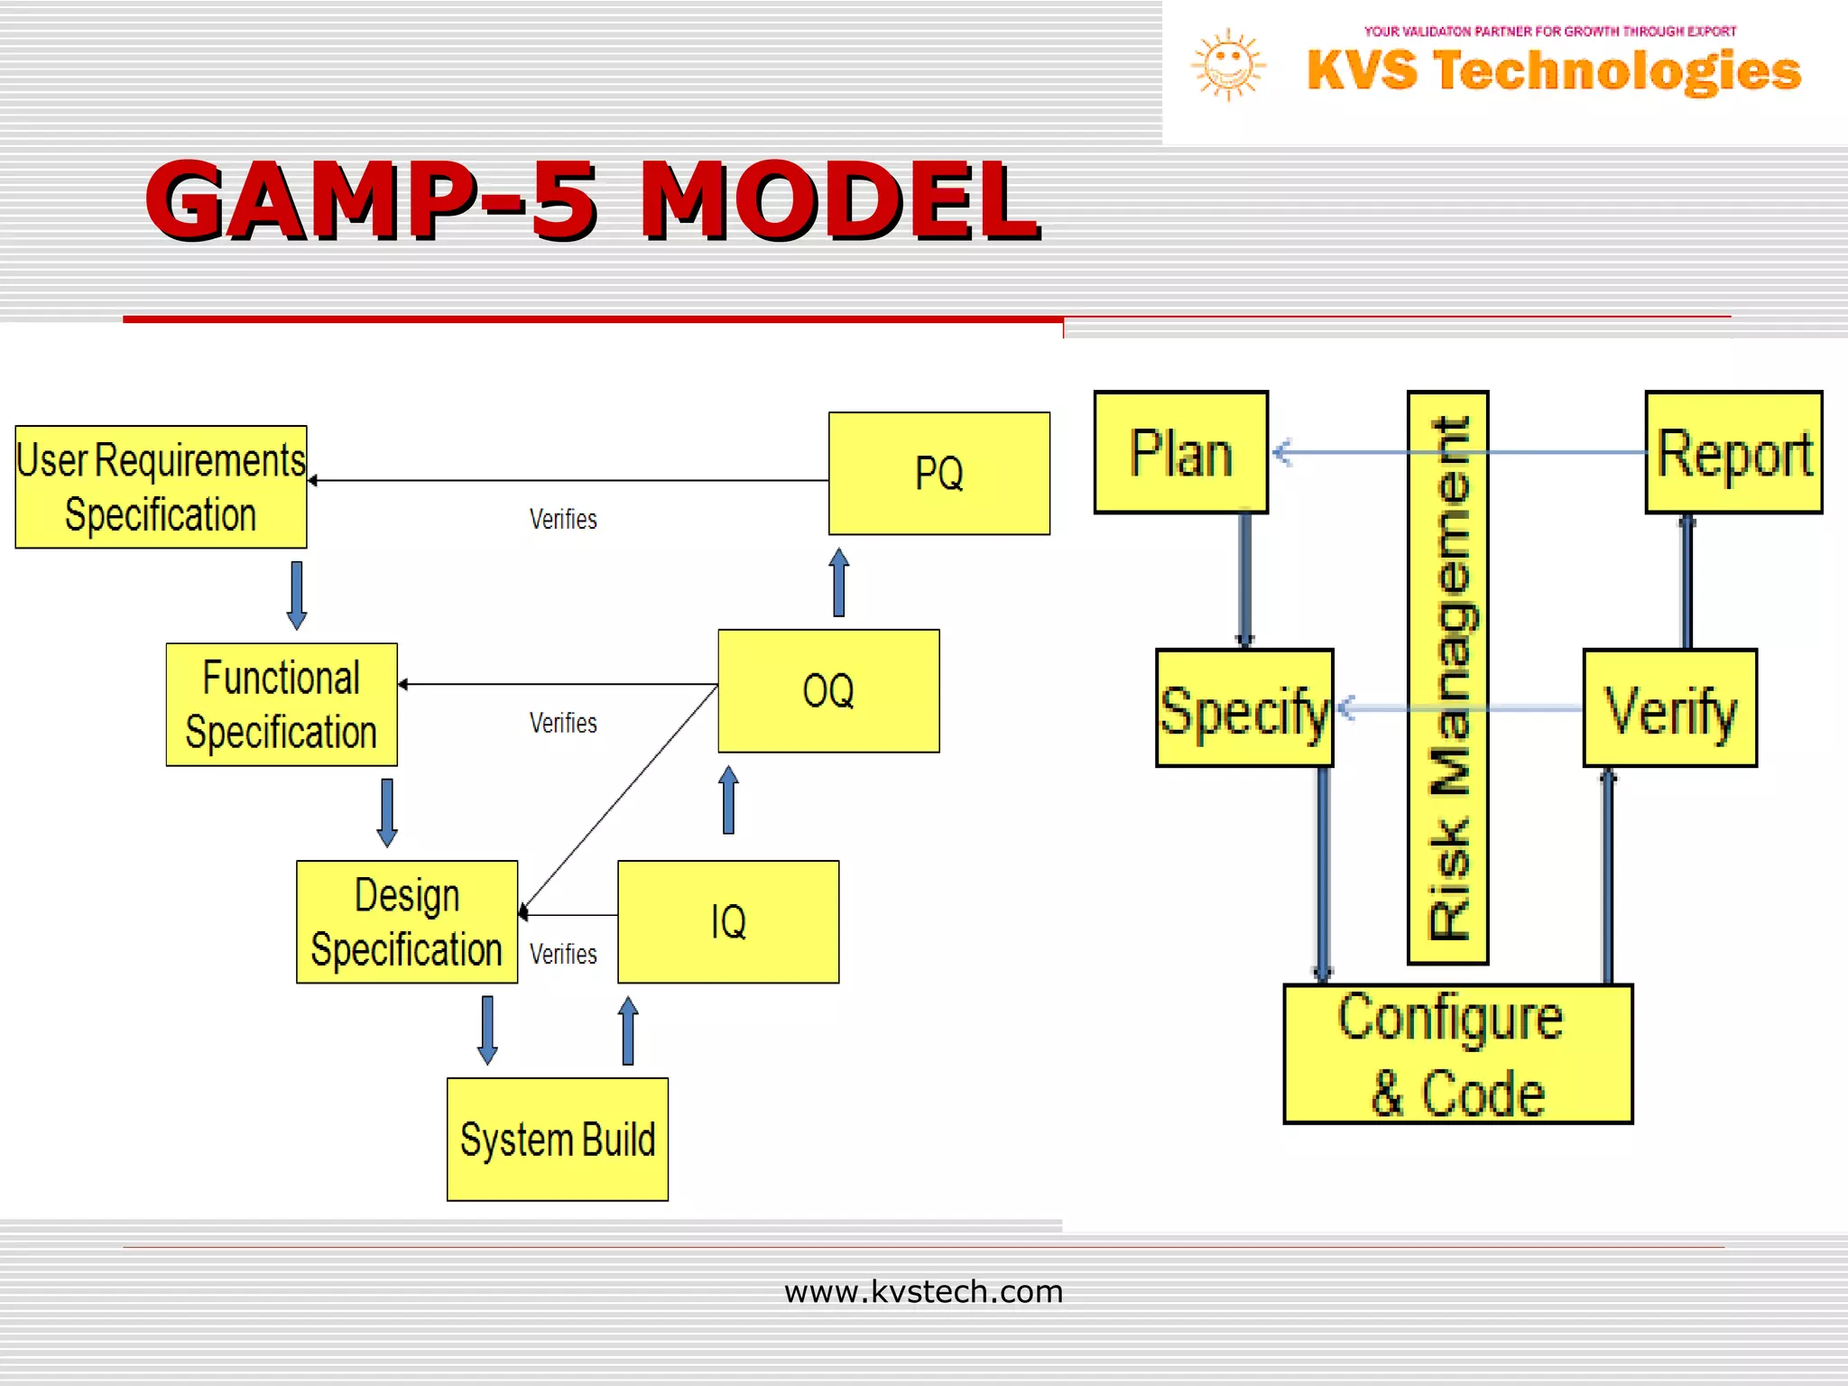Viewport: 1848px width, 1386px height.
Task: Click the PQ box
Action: pyautogui.click(x=938, y=474)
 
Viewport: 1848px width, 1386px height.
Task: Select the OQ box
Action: pyautogui.click(x=828, y=691)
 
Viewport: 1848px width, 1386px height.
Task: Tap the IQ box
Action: pyautogui.click(x=728, y=921)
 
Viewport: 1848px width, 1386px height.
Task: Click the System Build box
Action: pyautogui.click(x=558, y=1139)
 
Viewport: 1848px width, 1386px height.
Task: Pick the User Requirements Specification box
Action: pyautogui.click(x=161, y=487)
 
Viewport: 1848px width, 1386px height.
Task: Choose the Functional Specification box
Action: pyautogui.click(x=282, y=705)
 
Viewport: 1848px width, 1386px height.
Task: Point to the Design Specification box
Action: pyautogui.click(x=407, y=921)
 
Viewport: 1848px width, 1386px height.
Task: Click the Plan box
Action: pyautogui.click(x=1181, y=452)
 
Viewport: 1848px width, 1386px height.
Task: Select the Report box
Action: pyautogui.click(x=1733, y=452)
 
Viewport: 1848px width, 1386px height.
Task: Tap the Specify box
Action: pyautogui.click(x=1244, y=708)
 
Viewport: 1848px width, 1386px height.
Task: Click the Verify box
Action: pyautogui.click(x=1670, y=708)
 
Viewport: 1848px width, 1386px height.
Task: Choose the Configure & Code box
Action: pyautogui.click(x=1458, y=1054)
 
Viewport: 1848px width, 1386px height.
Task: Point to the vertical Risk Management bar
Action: pyautogui.click(x=1448, y=678)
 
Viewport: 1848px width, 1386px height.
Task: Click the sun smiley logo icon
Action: pyautogui.click(x=1228, y=65)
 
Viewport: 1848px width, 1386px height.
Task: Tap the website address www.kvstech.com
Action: pyautogui.click(x=923, y=1291)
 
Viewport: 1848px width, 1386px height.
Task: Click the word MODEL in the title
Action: pyautogui.click(x=839, y=200)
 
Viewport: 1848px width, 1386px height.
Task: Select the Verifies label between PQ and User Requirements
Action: pyautogui.click(x=563, y=520)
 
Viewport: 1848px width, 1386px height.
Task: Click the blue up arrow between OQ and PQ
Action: pyautogui.click(x=839, y=582)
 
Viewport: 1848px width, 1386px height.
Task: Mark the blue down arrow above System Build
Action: pyautogui.click(x=487, y=1030)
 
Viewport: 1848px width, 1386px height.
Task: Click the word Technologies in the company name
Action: pyautogui.click(x=1617, y=70)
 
